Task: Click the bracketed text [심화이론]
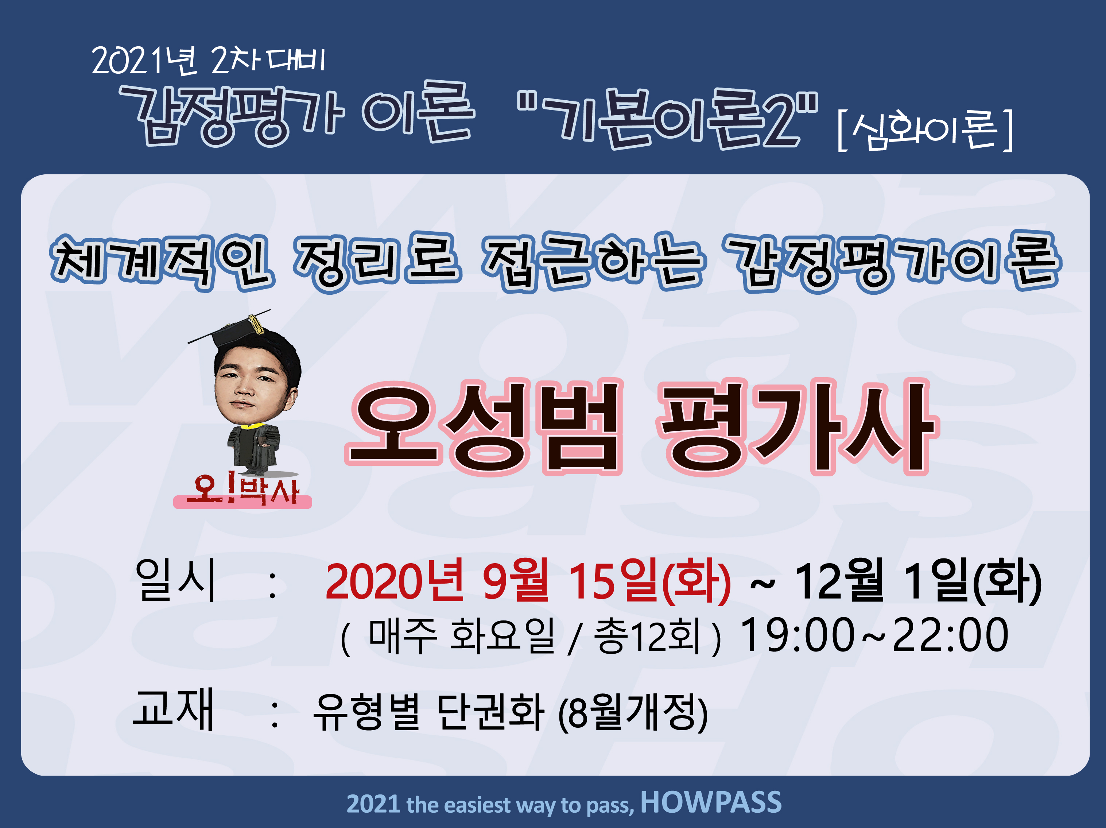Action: [925, 130]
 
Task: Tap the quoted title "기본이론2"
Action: [667, 119]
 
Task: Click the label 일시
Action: [175, 580]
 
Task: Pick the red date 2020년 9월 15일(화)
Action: [528, 581]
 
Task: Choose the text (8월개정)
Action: [633, 712]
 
